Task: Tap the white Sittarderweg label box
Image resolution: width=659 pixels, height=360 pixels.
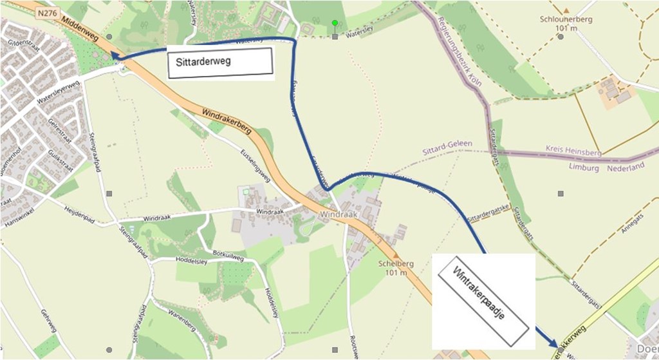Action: [x=219, y=62]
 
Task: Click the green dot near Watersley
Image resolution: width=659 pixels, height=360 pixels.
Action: [x=335, y=23]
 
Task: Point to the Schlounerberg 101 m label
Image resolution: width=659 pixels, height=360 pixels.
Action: [x=567, y=23]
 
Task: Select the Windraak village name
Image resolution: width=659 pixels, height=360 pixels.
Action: [x=338, y=213]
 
